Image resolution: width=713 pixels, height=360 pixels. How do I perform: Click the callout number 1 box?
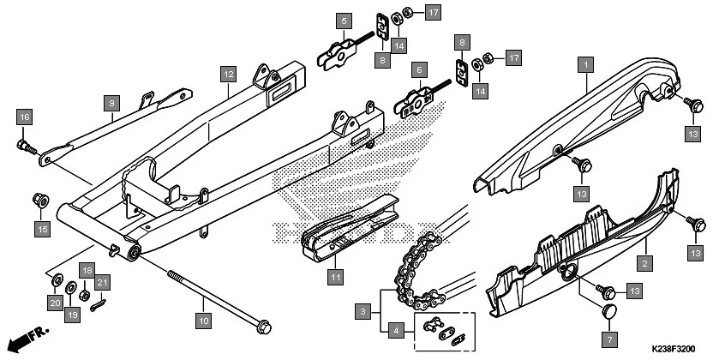pos(586,63)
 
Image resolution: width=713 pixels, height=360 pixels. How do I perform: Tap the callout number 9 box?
pos(111,103)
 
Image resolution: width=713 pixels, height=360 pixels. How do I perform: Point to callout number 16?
pos(24,117)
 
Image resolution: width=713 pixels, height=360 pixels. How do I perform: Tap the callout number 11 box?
pos(335,277)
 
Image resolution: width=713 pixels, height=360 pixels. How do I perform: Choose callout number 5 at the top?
pos(343,19)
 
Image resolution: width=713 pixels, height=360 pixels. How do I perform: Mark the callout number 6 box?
pos(418,69)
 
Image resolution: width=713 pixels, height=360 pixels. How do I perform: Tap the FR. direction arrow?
pos(30,330)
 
